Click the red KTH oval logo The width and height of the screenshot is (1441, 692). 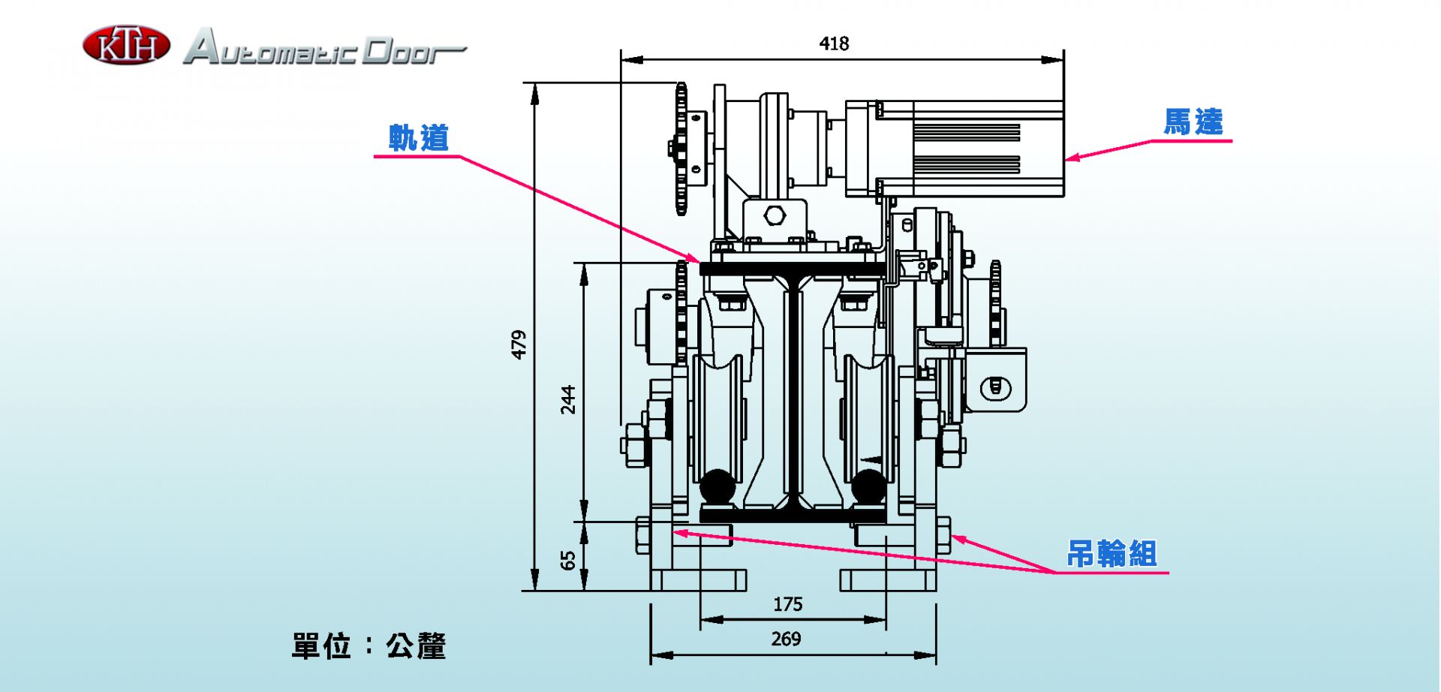click(x=126, y=45)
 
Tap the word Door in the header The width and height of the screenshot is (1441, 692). click(x=414, y=50)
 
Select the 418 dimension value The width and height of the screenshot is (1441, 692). click(x=834, y=44)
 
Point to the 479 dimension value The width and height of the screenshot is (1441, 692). click(x=519, y=344)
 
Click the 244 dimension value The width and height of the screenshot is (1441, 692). click(x=568, y=399)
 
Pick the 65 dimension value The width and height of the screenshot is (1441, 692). click(x=568, y=560)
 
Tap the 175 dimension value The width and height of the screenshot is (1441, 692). click(x=787, y=604)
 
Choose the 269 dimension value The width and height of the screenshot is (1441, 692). click(x=786, y=639)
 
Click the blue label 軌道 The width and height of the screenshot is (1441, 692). click(x=419, y=138)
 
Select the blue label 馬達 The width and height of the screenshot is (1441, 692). click(x=1193, y=122)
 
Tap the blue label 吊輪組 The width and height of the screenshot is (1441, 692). click(x=1112, y=554)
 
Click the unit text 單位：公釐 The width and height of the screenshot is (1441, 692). click(x=369, y=645)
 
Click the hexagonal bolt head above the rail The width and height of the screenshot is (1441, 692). click(x=775, y=215)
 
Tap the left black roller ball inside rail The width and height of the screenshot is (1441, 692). click(x=717, y=487)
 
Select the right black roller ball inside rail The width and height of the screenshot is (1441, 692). click(x=868, y=487)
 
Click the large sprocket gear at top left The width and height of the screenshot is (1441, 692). click(x=681, y=149)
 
